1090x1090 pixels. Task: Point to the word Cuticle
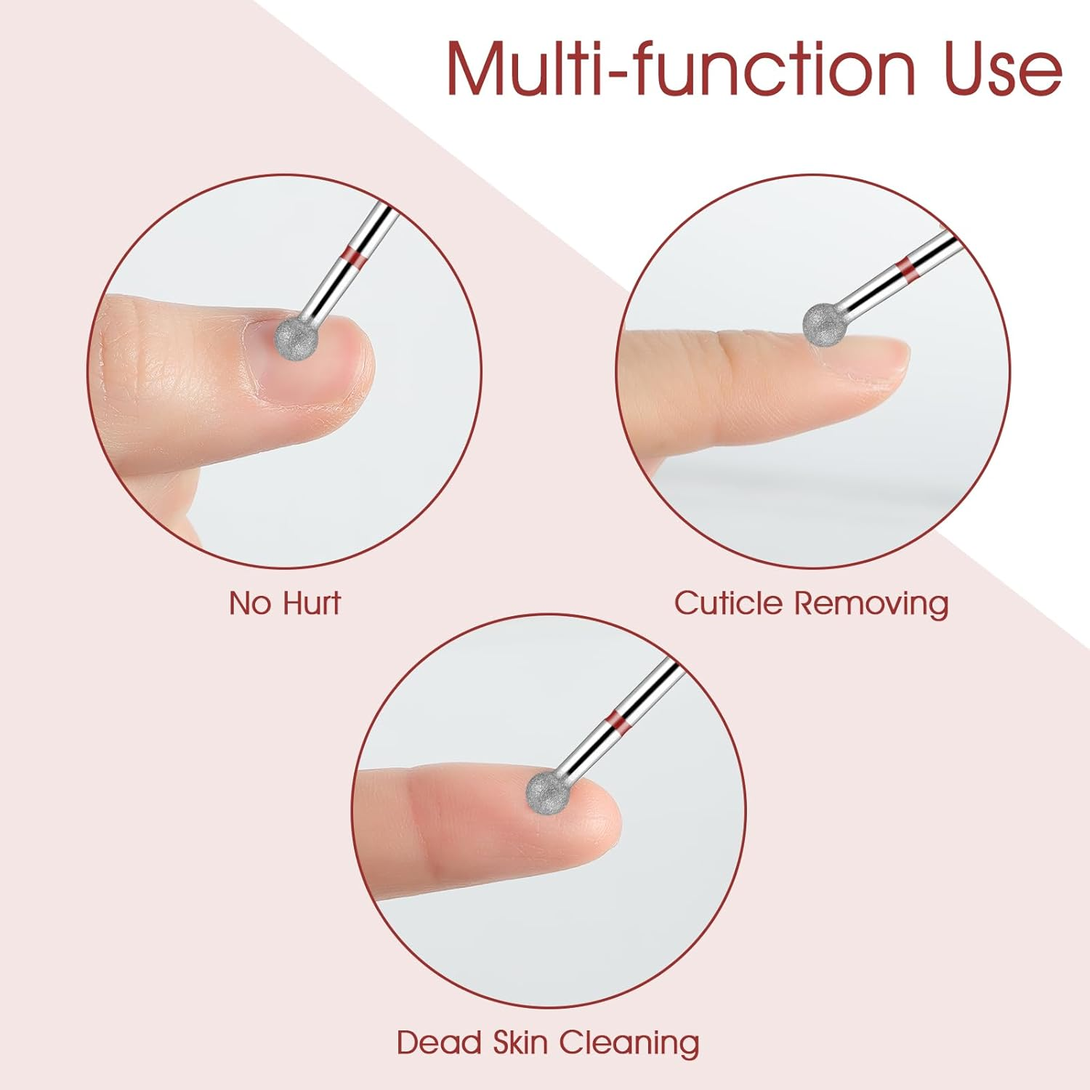pos(728,603)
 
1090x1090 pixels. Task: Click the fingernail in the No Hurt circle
pos(305,363)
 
